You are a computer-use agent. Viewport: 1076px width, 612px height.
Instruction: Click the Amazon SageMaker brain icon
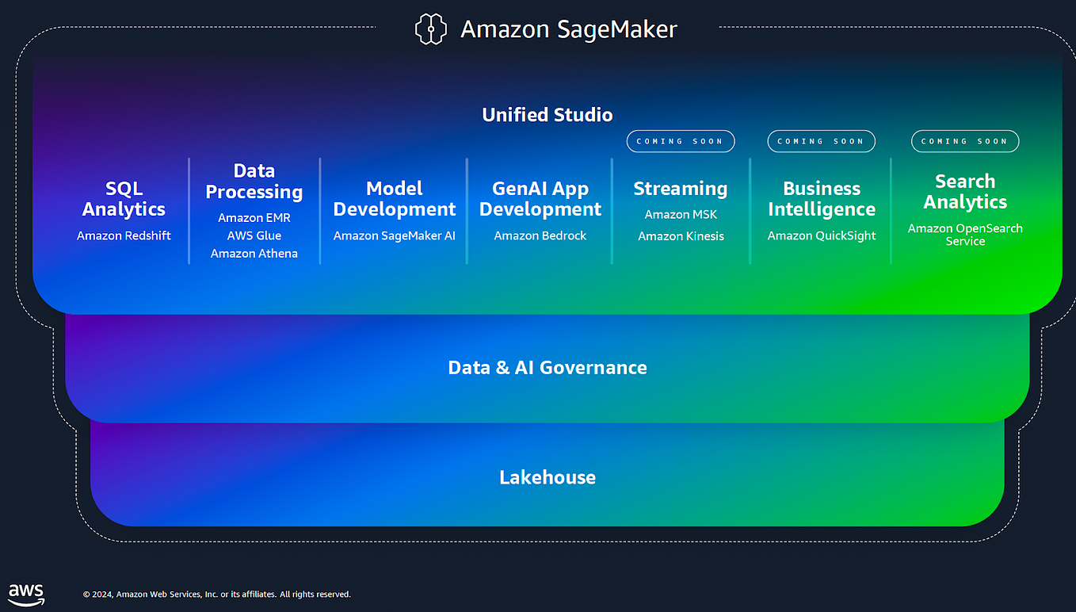tap(431, 29)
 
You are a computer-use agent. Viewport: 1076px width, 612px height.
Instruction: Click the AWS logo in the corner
tap(26, 594)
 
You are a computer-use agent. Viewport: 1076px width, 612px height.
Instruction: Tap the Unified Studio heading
tap(548, 115)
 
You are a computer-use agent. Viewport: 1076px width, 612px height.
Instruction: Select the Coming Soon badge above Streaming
tap(681, 141)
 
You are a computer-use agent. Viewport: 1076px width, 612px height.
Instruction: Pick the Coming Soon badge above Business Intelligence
tap(821, 141)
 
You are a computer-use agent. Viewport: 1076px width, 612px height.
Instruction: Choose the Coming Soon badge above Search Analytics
tap(964, 141)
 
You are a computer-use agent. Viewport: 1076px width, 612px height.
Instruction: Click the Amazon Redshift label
tap(124, 235)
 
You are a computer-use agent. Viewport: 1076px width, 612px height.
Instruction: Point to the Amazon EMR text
tap(254, 217)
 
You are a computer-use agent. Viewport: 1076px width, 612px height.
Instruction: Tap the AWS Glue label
tap(254, 235)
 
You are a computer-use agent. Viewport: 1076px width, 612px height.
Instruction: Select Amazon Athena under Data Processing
tap(254, 254)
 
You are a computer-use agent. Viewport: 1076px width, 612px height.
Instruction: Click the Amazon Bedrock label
tap(540, 235)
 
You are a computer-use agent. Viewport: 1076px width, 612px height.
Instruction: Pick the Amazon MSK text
tap(681, 214)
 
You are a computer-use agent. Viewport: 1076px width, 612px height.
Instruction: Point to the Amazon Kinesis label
tap(681, 235)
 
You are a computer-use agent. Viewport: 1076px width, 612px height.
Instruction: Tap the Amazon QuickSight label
tap(822, 235)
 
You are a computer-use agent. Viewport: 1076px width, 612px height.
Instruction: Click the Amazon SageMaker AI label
tap(395, 235)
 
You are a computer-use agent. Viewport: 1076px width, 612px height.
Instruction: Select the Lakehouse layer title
tap(548, 477)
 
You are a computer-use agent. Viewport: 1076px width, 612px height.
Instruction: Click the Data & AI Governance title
tap(548, 367)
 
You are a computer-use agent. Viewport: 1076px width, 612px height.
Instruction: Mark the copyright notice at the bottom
tap(217, 594)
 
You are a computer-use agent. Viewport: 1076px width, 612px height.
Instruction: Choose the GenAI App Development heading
tap(540, 199)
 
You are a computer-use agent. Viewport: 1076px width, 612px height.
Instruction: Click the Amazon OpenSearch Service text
tap(965, 235)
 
